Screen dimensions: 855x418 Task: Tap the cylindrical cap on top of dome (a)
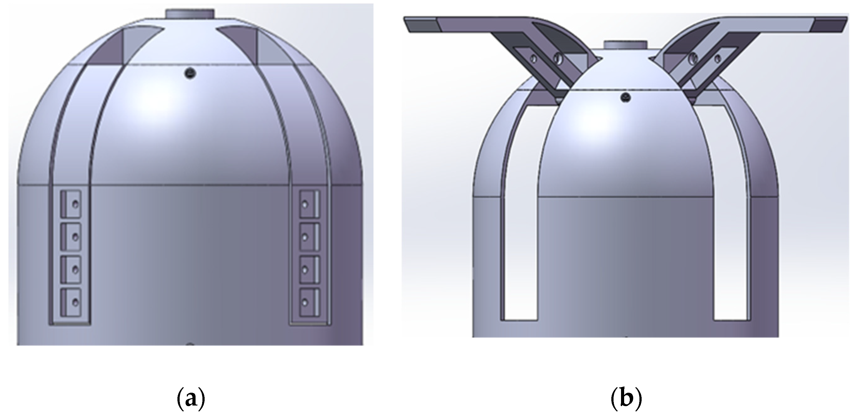190,14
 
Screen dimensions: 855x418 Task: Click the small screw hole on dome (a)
190,73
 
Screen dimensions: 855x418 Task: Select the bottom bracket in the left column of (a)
71,302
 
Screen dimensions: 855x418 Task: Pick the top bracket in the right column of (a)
310,204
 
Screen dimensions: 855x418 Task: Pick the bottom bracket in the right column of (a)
310,302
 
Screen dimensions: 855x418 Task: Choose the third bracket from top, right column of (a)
310,269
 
